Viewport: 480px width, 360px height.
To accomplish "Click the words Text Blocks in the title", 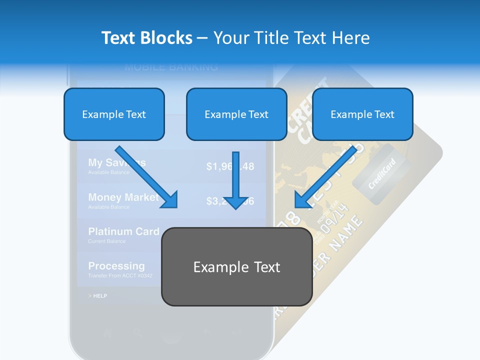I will point(146,38).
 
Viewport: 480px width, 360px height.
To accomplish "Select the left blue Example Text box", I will point(114,114).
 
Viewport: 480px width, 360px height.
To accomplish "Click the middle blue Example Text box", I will point(236,114).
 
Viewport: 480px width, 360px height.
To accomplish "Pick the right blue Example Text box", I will point(362,114).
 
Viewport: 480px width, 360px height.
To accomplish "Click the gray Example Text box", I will point(236,267).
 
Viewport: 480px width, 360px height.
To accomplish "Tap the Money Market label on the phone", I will point(123,197).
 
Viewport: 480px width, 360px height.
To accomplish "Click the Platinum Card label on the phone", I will point(123,231).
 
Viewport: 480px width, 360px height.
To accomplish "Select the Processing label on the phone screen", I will point(116,266).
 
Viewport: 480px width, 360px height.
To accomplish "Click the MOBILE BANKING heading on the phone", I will point(171,67).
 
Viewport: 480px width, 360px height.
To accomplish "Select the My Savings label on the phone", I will point(116,162).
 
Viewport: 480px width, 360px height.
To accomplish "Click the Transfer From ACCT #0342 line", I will point(120,275).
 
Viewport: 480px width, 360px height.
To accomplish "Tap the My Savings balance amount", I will point(230,166).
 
